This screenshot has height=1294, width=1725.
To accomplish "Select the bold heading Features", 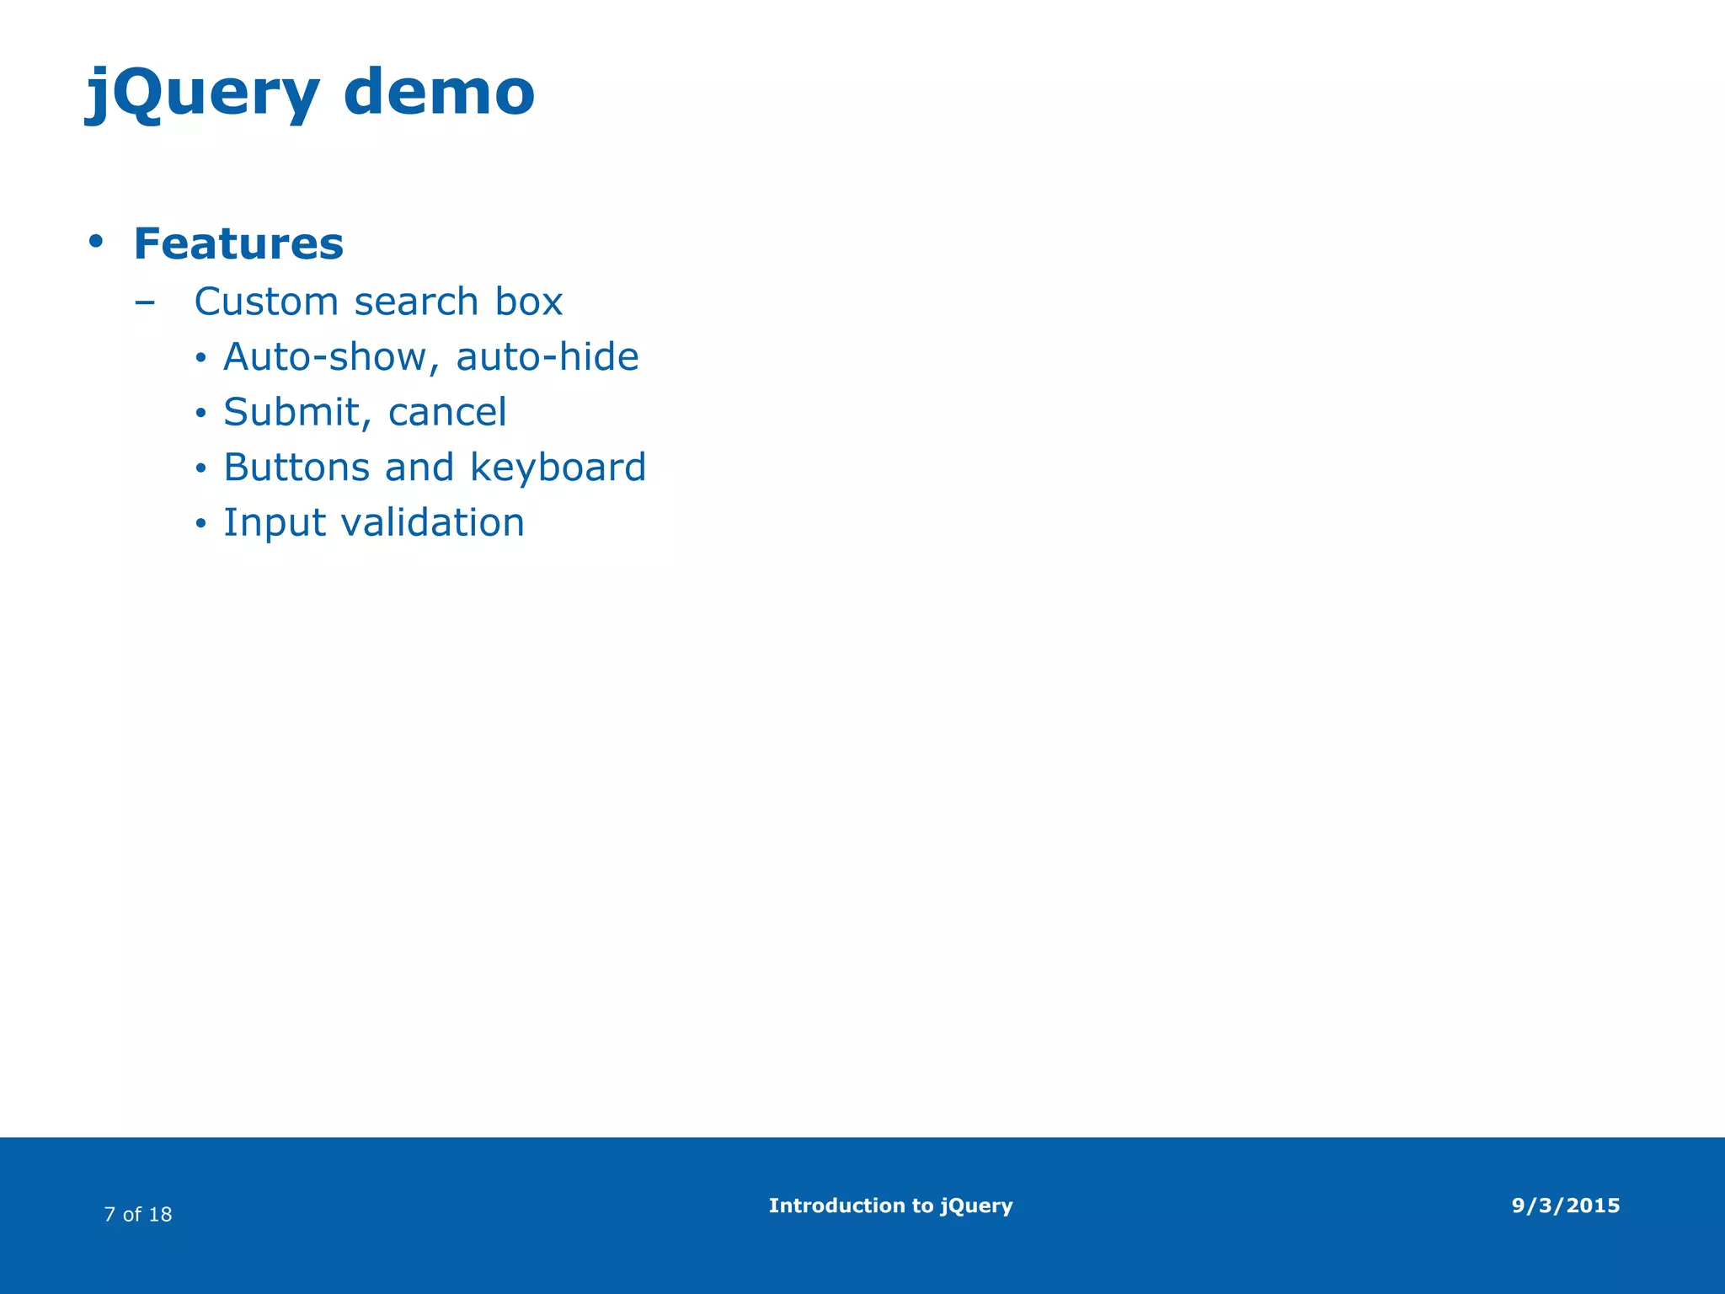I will coord(238,243).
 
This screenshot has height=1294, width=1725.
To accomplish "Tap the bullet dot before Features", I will coord(96,242).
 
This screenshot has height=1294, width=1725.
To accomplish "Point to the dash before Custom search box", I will coord(145,302).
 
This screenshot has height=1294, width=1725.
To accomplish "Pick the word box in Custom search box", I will coord(529,302).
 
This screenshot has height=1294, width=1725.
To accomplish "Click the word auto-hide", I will coord(547,357).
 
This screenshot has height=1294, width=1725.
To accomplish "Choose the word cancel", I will coord(447,413).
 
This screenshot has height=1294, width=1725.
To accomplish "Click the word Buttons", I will coord(296,468).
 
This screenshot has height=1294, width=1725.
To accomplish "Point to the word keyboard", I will coord(558,468).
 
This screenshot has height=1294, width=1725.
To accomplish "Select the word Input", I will coord(275,523).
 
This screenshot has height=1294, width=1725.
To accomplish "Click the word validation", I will coord(433,522).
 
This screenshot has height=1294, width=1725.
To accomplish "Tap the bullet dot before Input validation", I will coord(200,524).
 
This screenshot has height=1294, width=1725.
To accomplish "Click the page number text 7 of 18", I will coord(138,1214).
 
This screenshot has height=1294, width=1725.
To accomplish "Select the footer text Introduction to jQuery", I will coord(890,1206).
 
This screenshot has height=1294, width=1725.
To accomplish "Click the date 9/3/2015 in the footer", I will coord(1566,1206).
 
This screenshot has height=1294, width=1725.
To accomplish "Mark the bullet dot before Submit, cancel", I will coord(200,414).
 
